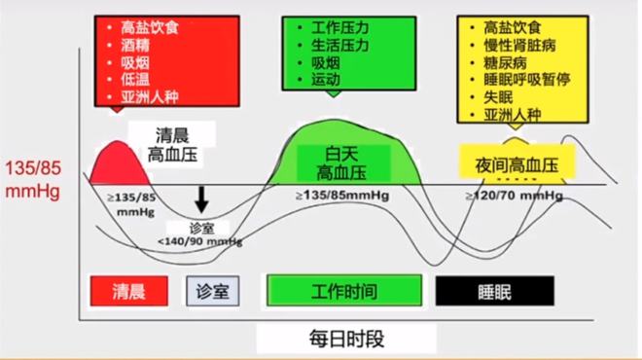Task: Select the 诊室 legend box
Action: [x=213, y=290]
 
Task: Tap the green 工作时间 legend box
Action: [x=345, y=290]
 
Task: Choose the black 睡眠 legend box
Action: [x=493, y=290]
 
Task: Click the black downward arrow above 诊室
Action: [x=202, y=198]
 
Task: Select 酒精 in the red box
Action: [x=136, y=45]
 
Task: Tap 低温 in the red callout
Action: [x=136, y=80]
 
